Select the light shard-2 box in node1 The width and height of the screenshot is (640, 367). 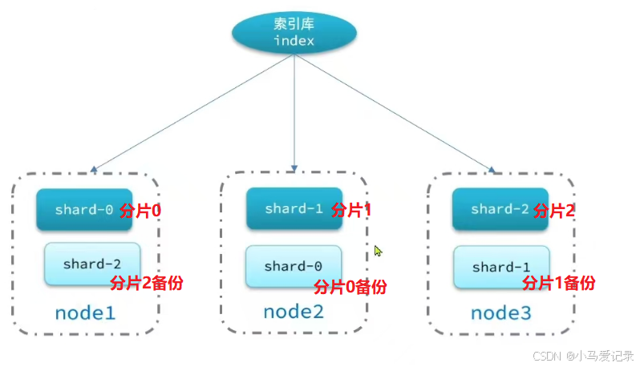(92, 264)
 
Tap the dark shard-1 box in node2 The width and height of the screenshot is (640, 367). (294, 208)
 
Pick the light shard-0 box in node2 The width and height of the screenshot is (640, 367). (294, 266)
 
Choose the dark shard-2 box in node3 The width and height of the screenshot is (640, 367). (500, 208)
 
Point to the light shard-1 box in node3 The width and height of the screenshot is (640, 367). (501, 267)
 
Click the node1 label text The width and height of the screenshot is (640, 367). (85, 313)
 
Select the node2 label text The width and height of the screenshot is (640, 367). (293, 313)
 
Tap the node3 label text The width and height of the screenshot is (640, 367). (500, 313)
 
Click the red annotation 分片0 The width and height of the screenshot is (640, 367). (141, 211)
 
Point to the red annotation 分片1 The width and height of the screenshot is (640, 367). (350, 211)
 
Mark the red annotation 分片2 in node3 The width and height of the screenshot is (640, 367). (554, 211)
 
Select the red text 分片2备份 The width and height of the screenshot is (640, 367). (145, 283)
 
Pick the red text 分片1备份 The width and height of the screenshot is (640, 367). (559, 283)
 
